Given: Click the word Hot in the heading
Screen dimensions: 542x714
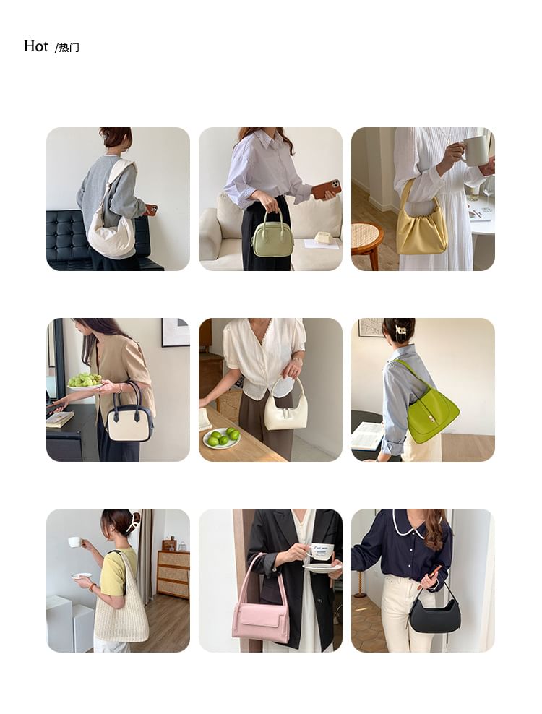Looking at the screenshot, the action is coord(36,46).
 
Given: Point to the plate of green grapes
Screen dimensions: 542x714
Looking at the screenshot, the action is coord(85,382).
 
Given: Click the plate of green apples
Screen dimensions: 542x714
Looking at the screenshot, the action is coord(222,438).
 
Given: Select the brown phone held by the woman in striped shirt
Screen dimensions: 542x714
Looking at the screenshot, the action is coord(326,189).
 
